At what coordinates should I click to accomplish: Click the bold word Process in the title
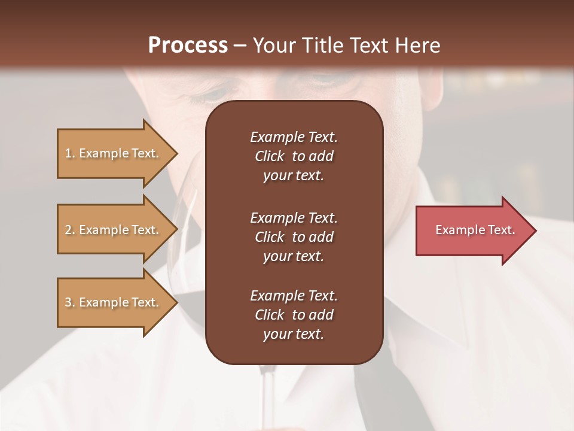(188, 45)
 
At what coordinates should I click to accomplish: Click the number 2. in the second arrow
(70, 230)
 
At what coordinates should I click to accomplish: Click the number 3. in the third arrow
(70, 302)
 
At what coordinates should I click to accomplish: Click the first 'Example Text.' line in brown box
(294, 137)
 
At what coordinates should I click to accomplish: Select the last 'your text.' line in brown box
(294, 335)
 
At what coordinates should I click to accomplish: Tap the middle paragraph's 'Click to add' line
(294, 237)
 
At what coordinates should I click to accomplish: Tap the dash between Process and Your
(240, 45)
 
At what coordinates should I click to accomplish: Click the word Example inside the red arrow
(456, 230)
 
